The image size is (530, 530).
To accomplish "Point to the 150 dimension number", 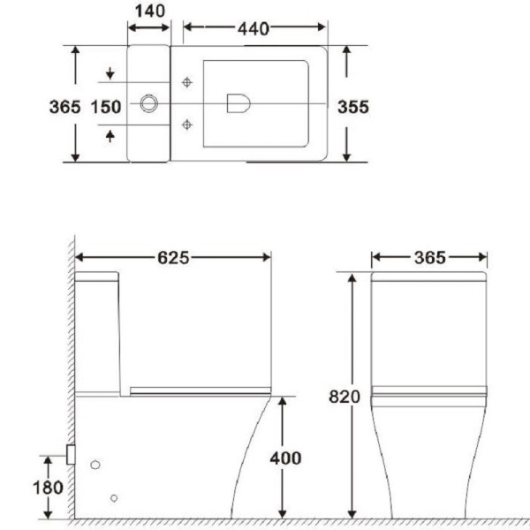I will click(x=105, y=106).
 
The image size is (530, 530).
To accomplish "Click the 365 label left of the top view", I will click(x=63, y=106).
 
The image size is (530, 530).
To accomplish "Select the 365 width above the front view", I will click(x=429, y=257).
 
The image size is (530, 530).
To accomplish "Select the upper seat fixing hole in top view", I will click(x=186, y=83).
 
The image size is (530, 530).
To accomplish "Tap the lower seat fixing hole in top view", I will click(x=186, y=125).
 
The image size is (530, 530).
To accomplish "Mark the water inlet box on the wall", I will click(x=71, y=455).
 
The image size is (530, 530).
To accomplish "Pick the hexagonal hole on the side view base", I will click(x=95, y=464).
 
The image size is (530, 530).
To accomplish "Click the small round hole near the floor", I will click(x=114, y=498).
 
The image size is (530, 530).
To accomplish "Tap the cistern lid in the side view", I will click(x=97, y=276).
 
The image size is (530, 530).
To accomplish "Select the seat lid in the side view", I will click(x=199, y=390).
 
